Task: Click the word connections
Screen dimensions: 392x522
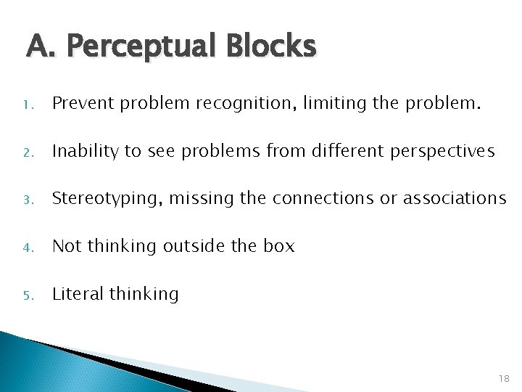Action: point(319,198)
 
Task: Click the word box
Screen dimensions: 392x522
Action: point(279,246)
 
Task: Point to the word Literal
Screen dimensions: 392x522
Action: point(78,294)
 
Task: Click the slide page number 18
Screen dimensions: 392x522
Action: point(504,378)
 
